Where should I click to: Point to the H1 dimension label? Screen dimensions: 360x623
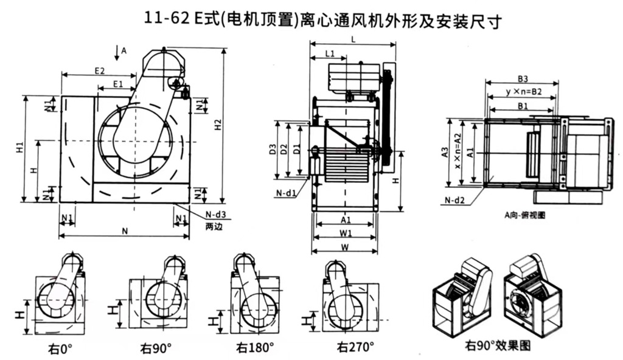19,148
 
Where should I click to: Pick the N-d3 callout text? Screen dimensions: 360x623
215,214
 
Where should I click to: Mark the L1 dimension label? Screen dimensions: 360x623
330,54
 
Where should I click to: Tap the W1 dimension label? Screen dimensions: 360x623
346,234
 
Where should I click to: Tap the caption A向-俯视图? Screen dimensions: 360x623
524,215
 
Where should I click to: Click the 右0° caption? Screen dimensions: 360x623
61,349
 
